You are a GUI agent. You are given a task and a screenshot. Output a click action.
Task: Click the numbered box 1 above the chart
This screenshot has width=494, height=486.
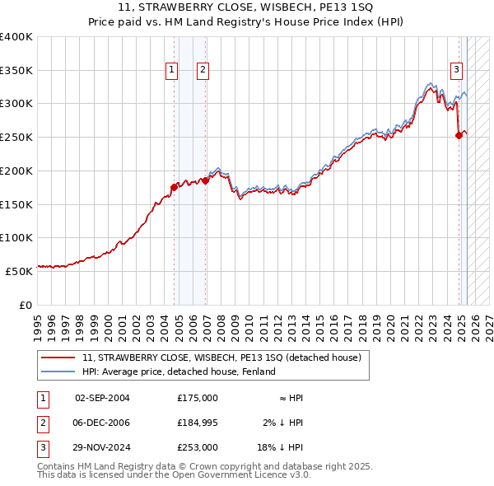(x=172, y=71)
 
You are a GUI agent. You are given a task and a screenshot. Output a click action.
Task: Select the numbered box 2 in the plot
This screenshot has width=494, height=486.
(x=202, y=71)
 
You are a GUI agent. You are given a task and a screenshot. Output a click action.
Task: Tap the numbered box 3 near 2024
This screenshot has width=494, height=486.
(x=455, y=71)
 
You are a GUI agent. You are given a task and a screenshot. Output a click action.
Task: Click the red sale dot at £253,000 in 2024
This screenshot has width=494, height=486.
(x=459, y=136)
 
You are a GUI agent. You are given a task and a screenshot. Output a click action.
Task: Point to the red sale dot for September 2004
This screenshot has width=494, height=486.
(x=174, y=188)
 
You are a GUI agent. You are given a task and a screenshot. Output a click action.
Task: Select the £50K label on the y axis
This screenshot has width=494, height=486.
(x=19, y=271)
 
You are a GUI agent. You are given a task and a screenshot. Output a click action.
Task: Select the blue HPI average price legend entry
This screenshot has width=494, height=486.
(x=178, y=372)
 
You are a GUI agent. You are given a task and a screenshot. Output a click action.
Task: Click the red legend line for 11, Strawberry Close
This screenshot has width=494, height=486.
(x=58, y=357)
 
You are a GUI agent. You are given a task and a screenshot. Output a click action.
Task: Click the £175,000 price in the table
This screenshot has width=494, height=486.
(x=198, y=398)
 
